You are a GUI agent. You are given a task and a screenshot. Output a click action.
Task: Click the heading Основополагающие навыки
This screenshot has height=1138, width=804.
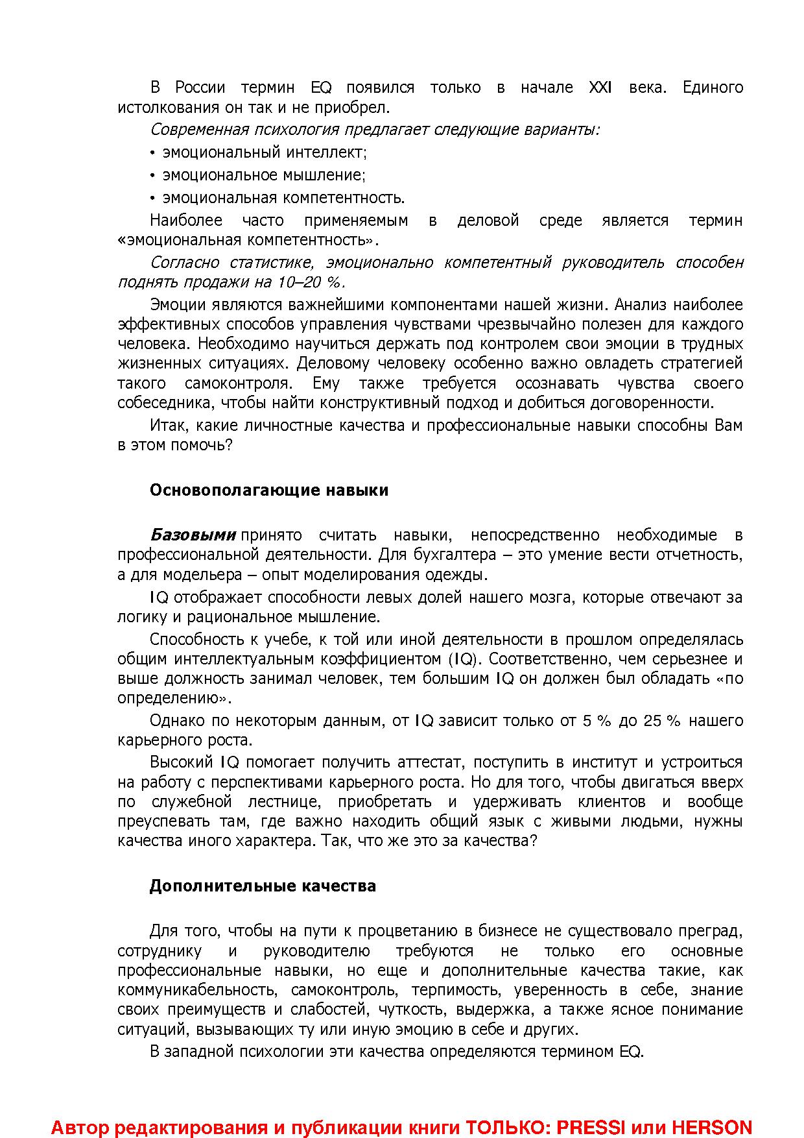[269, 490]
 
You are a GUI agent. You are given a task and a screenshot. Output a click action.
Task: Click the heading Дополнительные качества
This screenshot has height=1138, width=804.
[263, 886]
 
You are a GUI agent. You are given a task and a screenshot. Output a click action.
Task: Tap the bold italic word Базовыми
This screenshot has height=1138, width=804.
[193, 535]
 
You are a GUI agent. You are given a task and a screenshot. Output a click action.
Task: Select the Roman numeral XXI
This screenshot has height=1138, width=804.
[600, 87]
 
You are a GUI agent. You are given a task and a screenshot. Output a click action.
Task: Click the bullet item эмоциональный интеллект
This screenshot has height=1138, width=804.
[264, 152]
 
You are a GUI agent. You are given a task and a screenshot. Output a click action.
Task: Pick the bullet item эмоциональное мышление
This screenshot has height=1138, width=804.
[263, 175]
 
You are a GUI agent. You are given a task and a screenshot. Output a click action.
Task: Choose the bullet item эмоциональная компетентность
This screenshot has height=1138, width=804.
[283, 198]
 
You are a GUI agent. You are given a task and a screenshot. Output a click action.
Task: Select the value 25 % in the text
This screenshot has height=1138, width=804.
[662, 721]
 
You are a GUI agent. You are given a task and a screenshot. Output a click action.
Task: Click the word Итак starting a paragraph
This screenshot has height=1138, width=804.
[169, 426]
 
